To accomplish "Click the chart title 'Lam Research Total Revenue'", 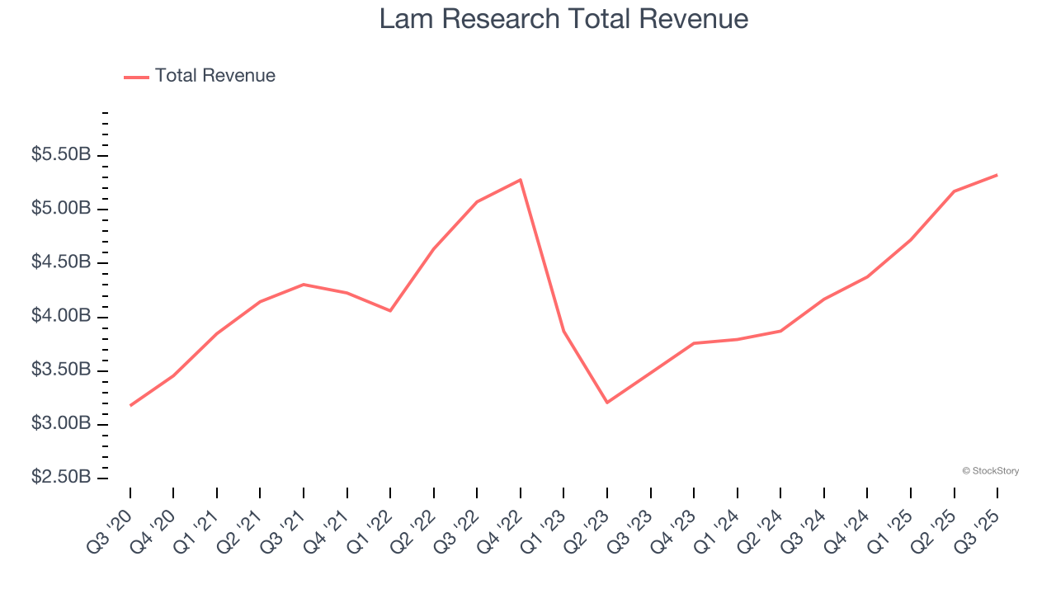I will [x=563, y=19].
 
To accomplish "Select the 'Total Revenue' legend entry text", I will [x=214, y=76].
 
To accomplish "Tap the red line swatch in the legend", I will [x=136, y=77].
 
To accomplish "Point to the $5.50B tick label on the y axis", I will [x=61, y=155].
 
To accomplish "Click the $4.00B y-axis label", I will [x=61, y=317].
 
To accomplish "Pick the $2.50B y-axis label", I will [x=61, y=478].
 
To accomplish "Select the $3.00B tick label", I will [x=61, y=424].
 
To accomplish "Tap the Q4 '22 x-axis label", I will [x=501, y=530].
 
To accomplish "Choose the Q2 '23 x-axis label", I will [x=587, y=530].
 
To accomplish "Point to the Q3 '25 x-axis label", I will [x=978, y=530].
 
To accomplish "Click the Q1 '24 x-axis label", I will [x=718, y=530].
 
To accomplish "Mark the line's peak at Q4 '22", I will [x=521, y=180].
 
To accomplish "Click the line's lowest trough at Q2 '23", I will [x=607, y=403].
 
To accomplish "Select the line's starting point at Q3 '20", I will [x=130, y=405].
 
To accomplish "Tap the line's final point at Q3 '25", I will [x=997, y=175].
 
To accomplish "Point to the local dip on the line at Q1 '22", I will [x=390, y=311].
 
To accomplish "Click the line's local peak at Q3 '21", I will [x=304, y=285].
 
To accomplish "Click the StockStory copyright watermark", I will [x=990, y=471].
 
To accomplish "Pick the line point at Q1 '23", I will [x=563, y=332].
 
